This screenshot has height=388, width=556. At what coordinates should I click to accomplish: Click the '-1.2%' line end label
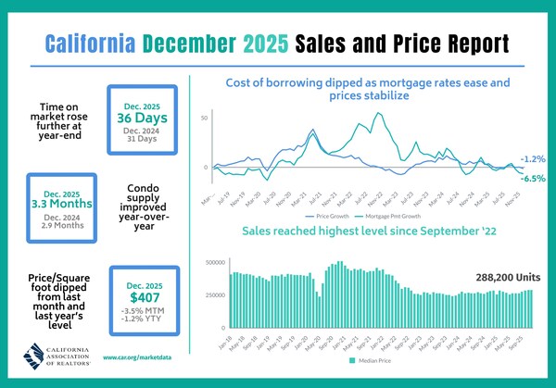[x=532, y=158]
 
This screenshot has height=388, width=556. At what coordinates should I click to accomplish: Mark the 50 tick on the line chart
[x=204, y=119]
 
